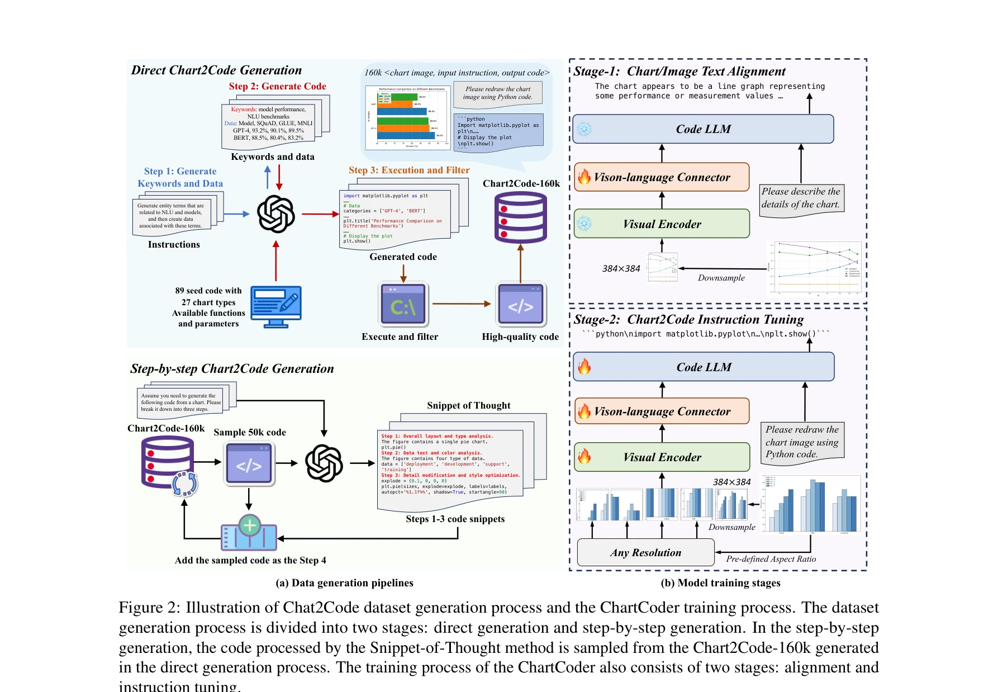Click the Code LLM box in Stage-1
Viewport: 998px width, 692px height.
(x=703, y=129)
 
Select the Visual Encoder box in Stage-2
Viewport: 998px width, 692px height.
(x=662, y=457)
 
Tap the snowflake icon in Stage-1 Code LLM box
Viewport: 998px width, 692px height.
(x=584, y=129)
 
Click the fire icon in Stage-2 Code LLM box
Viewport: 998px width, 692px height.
(x=584, y=367)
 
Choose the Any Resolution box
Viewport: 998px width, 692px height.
(x=645, y=552)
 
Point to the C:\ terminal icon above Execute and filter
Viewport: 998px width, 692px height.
(x=403, y=305)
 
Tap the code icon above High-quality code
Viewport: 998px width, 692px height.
(x=521, y=305)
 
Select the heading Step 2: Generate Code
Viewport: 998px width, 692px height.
(x=277, y=86)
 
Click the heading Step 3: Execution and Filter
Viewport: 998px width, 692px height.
(x=409, y=170)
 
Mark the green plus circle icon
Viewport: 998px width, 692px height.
(x=250, y=525)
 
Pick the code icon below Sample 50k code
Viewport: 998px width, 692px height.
(x=249, y=463)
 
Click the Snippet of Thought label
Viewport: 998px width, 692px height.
(x=468, y=405)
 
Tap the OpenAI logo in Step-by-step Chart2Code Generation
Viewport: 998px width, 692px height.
(x=324, y=463)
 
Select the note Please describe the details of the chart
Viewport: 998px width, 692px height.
(x=801, y=198)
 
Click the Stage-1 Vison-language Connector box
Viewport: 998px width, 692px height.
(x=662, y=177)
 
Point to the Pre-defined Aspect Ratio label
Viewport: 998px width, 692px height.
(x=771, y=559)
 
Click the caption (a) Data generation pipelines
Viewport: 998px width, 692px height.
(x=344, y=583)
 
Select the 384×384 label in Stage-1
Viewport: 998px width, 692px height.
(x=621, y=268)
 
